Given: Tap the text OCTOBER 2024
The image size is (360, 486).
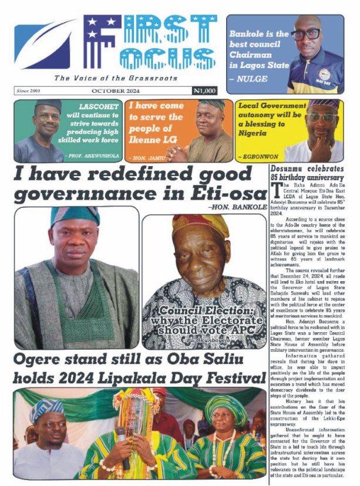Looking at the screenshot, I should point(115,91).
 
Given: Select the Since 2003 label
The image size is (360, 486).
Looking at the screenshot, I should point(28,91).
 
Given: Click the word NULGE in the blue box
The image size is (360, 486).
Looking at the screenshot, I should point(251,77).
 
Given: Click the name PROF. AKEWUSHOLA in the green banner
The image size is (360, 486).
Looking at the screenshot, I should point(95,157).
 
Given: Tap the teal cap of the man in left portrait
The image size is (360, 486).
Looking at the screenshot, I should point(75,216).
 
